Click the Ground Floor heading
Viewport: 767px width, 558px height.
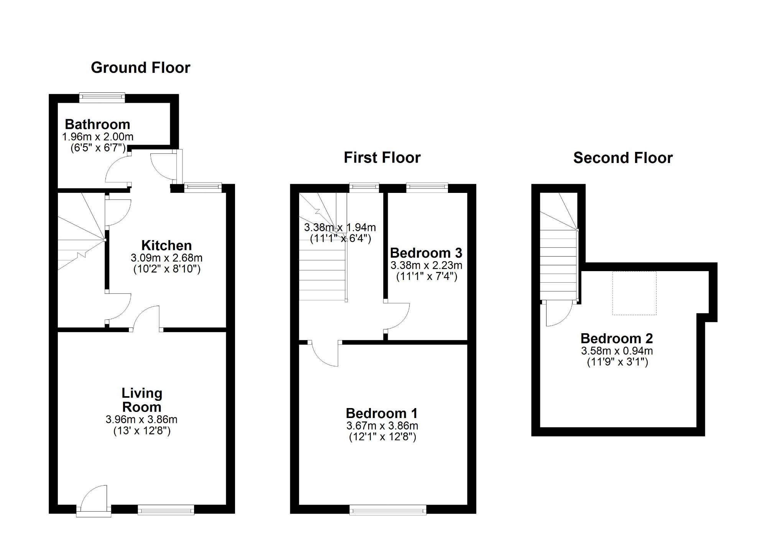140,68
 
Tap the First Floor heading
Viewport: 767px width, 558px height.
382,158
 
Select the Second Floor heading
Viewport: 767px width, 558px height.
623,158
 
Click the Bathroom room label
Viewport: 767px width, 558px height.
97,124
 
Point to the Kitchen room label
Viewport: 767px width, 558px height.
166,245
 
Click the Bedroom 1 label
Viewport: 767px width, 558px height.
382,413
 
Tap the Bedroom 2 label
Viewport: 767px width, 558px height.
617,339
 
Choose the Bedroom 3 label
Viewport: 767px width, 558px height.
426,253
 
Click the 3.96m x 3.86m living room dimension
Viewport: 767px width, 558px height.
142,420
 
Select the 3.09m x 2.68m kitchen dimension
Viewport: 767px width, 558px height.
166,258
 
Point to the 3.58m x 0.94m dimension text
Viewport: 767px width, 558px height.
617,351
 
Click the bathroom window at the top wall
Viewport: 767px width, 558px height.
102,98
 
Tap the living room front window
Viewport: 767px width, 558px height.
166,510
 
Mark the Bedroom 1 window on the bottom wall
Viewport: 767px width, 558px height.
388,510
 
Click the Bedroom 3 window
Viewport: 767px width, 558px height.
427,188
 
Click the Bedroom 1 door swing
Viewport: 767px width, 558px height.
325,354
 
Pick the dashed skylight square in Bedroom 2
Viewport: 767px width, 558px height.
634,293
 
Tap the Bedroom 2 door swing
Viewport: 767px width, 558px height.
558,314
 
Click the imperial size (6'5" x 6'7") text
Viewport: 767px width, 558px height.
98,148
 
